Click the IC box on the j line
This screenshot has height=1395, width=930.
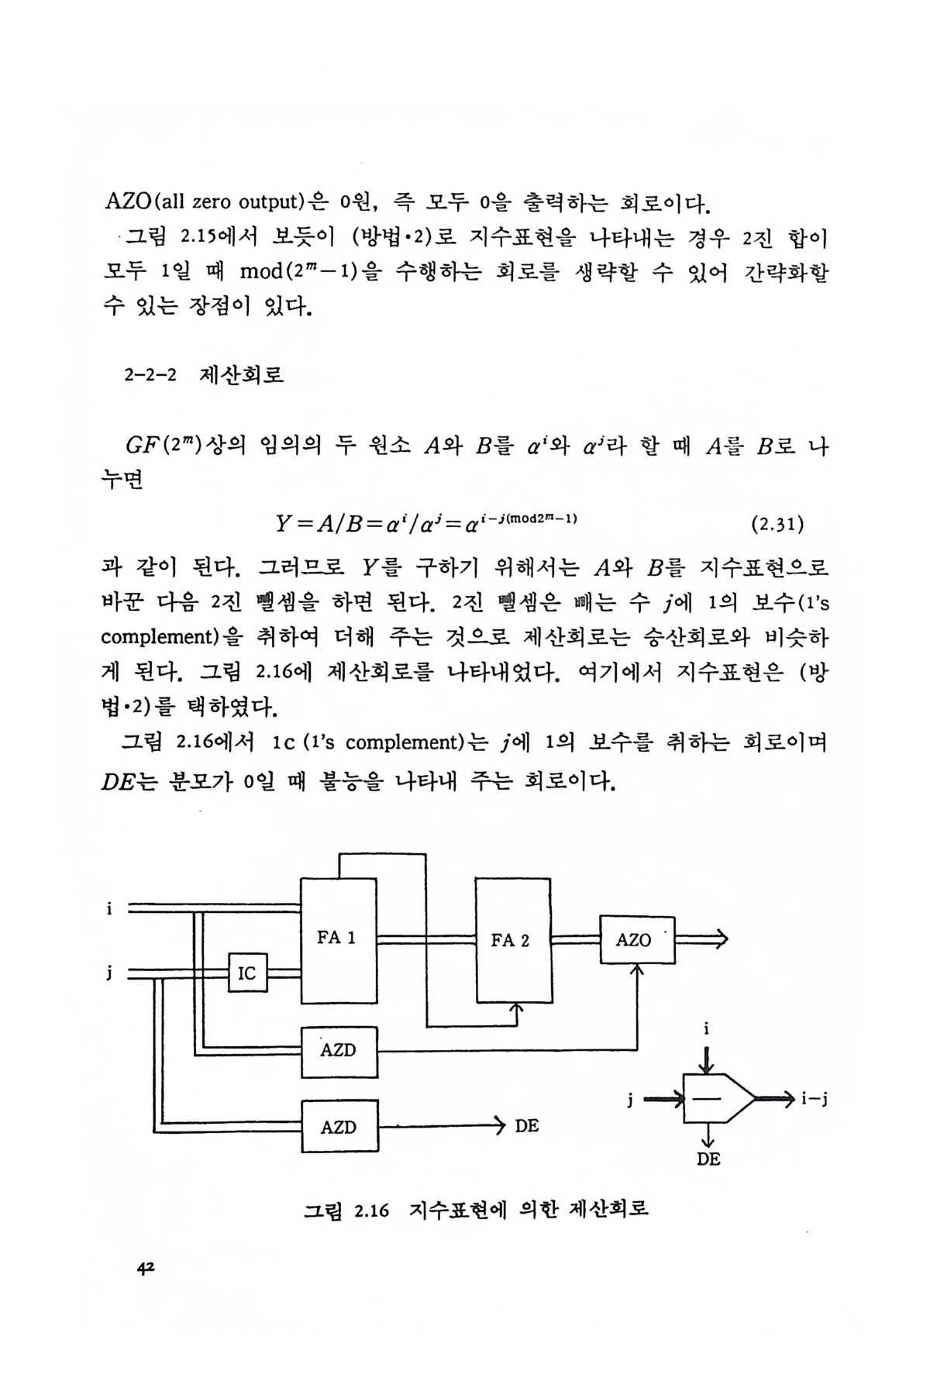click(x=247, y=973)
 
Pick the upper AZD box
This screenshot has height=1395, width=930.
click(x=339, y=1052)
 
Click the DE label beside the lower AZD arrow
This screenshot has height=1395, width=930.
click(x=526, y=1126)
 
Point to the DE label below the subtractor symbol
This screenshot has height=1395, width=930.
click(x=708, y=1159)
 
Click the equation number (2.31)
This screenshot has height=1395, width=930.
click(x=777, y=525)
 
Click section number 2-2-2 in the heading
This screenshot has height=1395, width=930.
click(x=150, y=377)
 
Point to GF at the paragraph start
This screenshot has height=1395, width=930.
click(x=141, y=447)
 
